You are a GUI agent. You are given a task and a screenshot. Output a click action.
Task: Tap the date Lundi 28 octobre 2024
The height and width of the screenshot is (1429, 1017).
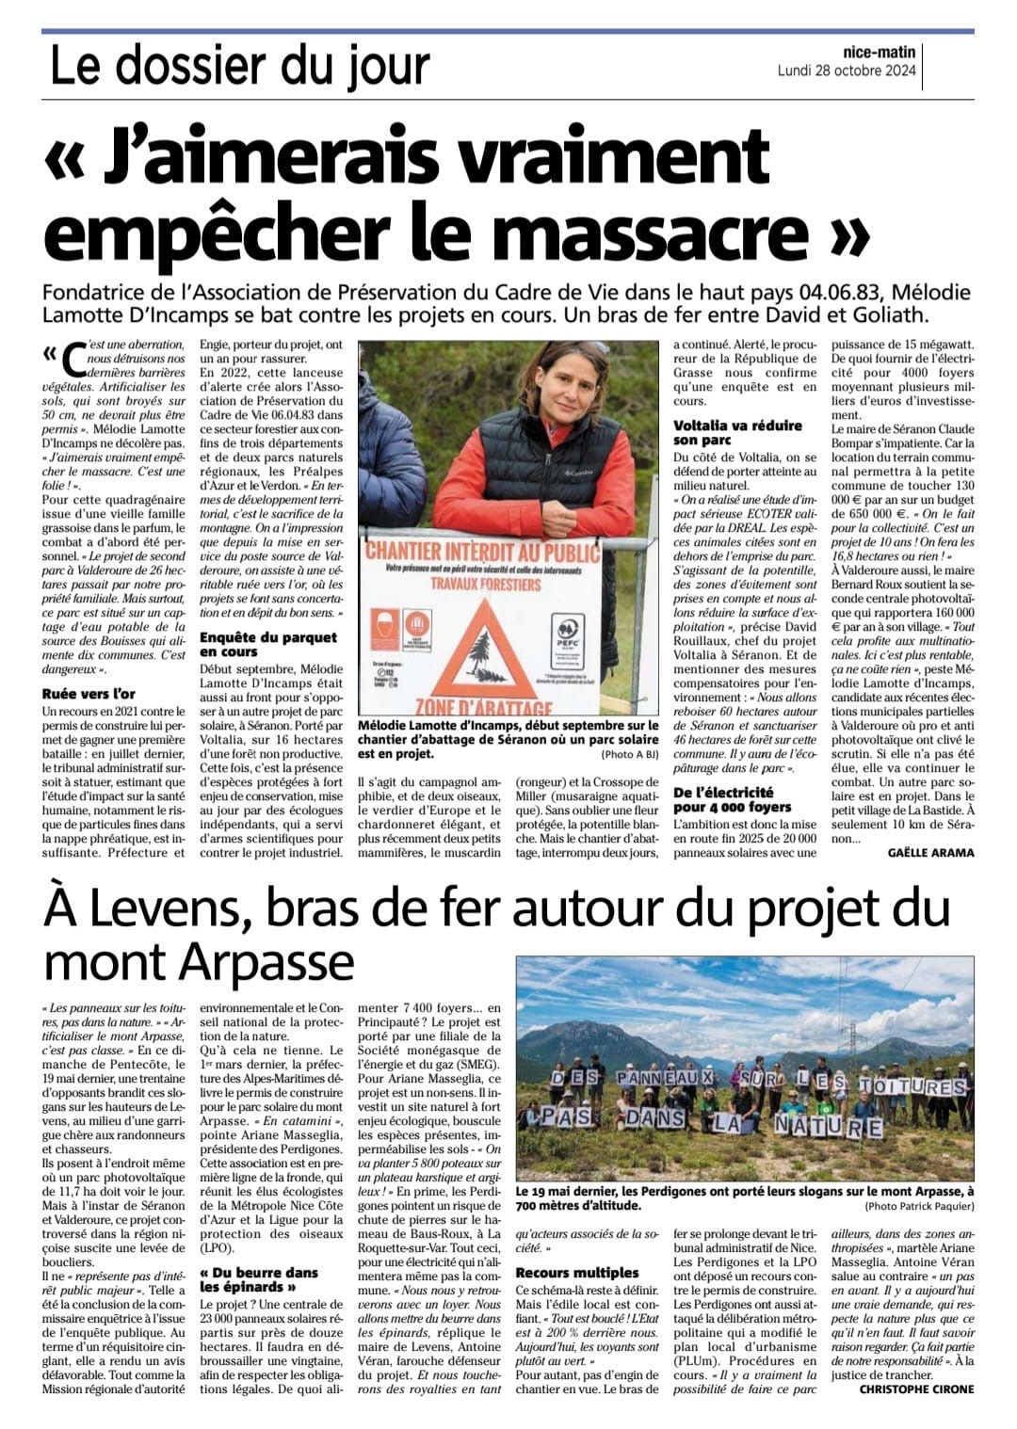pos(847,71)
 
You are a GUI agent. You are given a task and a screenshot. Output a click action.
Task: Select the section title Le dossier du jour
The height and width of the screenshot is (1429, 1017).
pos(239,66)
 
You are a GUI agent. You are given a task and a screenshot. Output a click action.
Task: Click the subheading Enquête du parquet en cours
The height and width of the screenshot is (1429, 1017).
pos(268,644)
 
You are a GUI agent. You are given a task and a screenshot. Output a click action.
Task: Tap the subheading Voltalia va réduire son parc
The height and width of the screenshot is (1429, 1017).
pos(737,432)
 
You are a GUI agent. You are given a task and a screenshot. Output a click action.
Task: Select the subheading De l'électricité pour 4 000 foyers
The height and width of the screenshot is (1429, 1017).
pos(733,799)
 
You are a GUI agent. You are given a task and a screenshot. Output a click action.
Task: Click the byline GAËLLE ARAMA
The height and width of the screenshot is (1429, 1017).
pos(930,852)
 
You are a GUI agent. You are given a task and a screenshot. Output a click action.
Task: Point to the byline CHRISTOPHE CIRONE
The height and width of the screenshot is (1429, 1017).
pos(916,1389)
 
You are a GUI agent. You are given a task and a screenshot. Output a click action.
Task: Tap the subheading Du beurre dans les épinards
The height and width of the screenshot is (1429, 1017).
pos(261,1278)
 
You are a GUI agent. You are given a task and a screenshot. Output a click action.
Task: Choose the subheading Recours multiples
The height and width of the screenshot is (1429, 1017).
pos(577,1273)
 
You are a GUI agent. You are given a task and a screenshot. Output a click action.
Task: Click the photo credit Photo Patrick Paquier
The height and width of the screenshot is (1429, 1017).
pos(919,1206)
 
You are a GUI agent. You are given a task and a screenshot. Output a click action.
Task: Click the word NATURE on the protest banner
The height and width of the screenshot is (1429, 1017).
pos(829,1126)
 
